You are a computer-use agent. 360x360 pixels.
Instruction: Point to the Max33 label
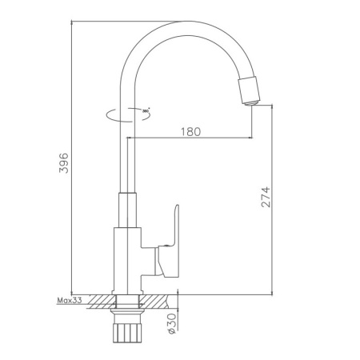click(x=71, y=301)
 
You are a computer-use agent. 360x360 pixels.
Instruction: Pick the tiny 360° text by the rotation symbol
click(x=146, y=110)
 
